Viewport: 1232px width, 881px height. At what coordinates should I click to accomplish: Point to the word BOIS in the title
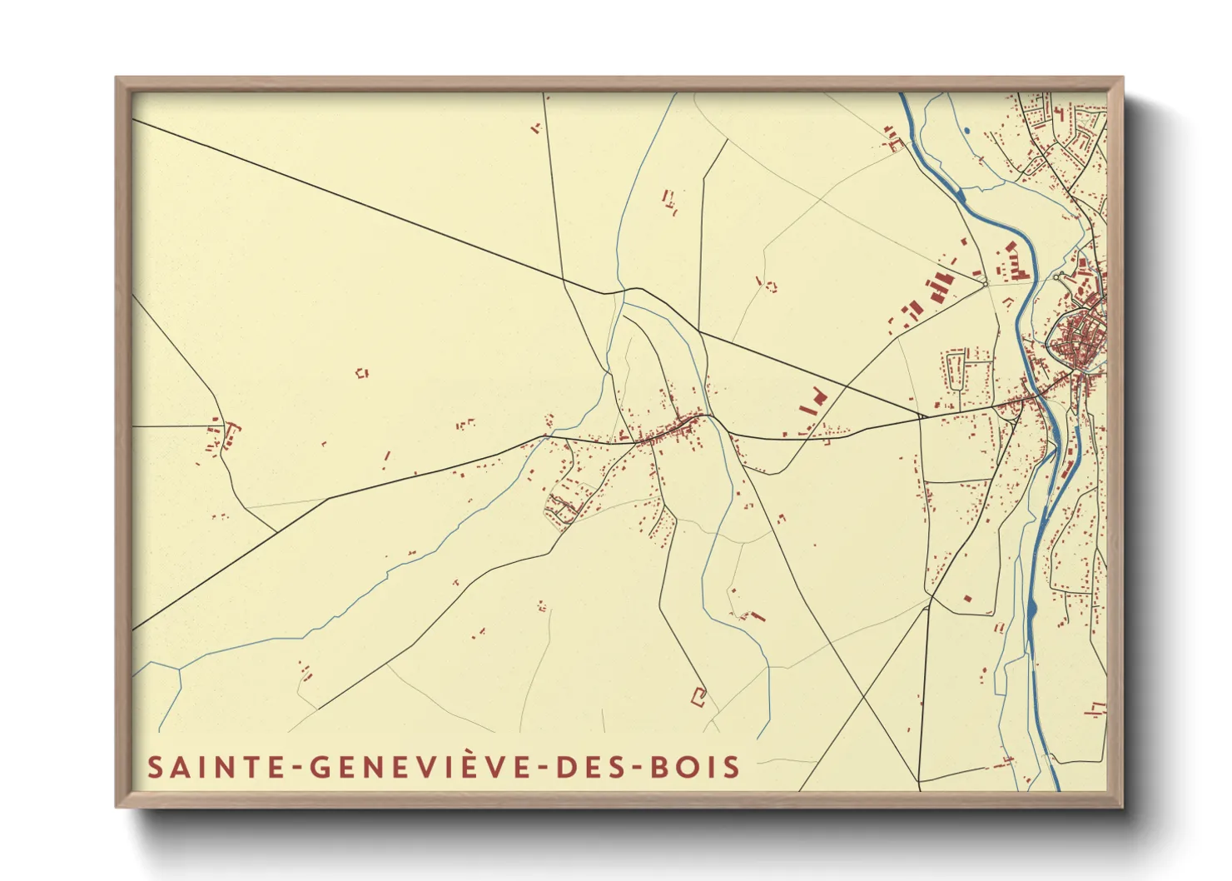(x=695, y=767)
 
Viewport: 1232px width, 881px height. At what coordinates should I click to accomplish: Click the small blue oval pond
(x=966, y=131)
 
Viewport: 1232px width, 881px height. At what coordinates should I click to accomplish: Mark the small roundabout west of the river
(x=986, y=283)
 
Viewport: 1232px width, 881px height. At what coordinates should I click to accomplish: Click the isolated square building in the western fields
(x=361, y=373)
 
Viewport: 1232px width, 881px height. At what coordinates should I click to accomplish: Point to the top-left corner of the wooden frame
(x=118, y=80)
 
